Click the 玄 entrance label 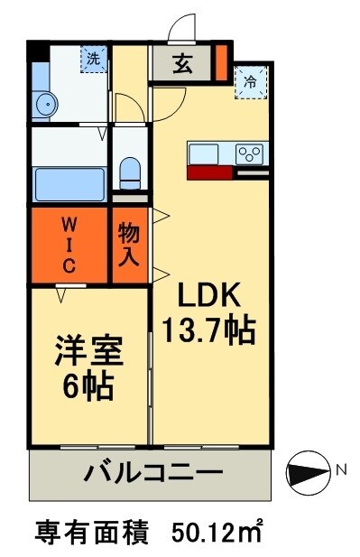(x=182, y=65)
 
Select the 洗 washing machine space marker (x=92, y=60)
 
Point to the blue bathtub (x=69, y=183)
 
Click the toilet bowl (x=130, y=172)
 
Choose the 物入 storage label (x=129, y=243)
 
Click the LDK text (x=208, y=295)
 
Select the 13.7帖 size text (x=208, y=330)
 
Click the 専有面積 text (x=91, y=529)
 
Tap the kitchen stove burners (x=249, y=153)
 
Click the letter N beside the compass (x=340, y=469)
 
